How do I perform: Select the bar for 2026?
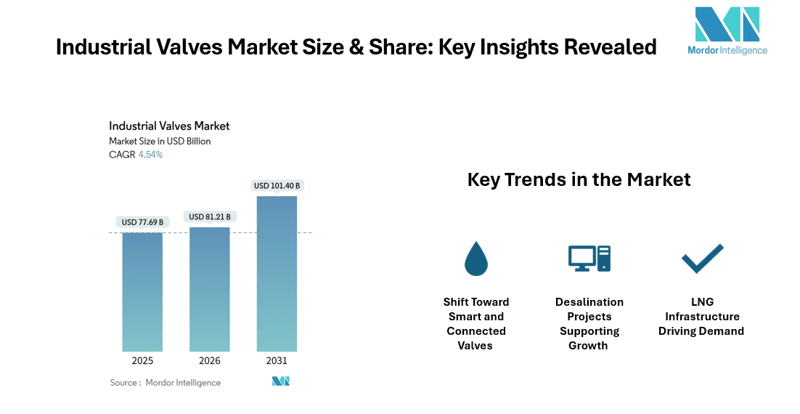pyautogui.click(x=210, y=289)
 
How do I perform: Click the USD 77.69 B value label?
pyautogui.click(x=142, y=222)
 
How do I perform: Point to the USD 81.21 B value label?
pyautogui.click(x=210, y=216)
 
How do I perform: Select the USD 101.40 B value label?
pyautogui.click(x=277, y=186)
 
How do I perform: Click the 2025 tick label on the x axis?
pyautogui.click(x=142, y=361)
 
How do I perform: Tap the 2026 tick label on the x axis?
pyautogui.click(x=210, y=361)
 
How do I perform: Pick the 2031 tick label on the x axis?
pyautogui.click(x=277, y=361)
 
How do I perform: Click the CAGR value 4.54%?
pyautogui.click(x=150, y=155)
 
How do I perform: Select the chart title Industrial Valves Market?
pyautogui.click(x=169, y=126)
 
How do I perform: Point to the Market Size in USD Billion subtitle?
pyautogui.click(x=160, y=141)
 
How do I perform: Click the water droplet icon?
pyautogui.click(x=476, y=259)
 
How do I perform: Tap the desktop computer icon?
pyautogui.click(x=589, y=258)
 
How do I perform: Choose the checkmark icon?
pyautogui.click(x=702, y=259)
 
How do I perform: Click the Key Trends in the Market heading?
pyautogui.click(x=579, y=179)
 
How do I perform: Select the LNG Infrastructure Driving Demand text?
pyautogui.click(x=701, y=317)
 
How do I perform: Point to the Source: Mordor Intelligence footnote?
pyautogui.click(x=165, y=383)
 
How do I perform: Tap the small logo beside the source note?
pyautogui.click(x=281, y=381)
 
